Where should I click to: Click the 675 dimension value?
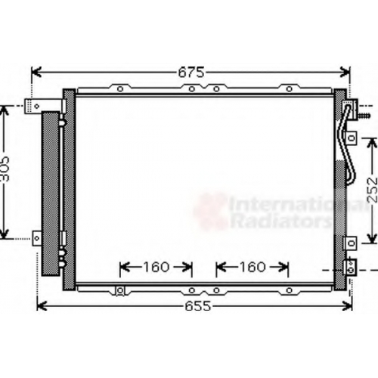point(191,73)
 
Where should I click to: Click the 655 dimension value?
point(197,306)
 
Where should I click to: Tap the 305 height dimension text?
point(5,169)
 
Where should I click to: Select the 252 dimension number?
point(372,190)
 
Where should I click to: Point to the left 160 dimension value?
point(156,267)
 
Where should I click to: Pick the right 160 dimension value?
point(253,267)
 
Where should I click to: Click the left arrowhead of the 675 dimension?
point(36,72)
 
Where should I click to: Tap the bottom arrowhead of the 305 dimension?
point(5,234)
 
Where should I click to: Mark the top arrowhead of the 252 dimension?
point(371,143)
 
